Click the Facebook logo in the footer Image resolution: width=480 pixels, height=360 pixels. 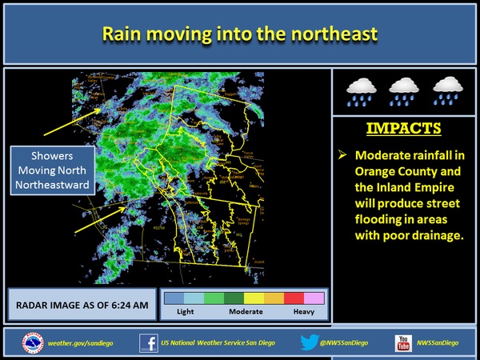(148, 343)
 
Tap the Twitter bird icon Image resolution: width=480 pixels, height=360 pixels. (310, 343)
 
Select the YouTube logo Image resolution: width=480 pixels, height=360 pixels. (402, 343)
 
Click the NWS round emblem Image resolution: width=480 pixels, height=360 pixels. (33, 343)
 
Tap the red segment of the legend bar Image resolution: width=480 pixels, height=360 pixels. (293, 298)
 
